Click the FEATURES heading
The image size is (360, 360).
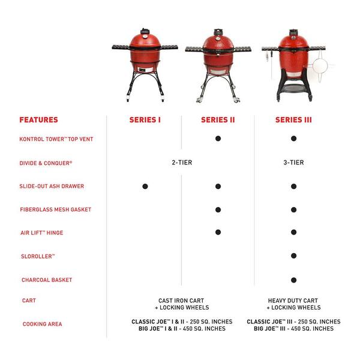pyautogui.click(x=38, y=119)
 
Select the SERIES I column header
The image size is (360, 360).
pyautogui.click(x=145, y=119)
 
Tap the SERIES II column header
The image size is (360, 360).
pyautogui.click(x=218, y=119)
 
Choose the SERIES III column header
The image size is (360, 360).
pyautogui.click(x=293, y=119)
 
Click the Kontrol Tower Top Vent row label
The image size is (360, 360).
pyautogui.click(x=56, y=139)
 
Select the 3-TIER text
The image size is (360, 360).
pyautogui.click(x=293, y=163)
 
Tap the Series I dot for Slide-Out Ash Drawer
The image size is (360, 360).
pyautogui.click(x=145, y=186)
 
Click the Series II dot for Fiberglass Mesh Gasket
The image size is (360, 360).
pyautogui.click(x=218, y=209)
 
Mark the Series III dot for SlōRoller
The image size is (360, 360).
pyautogui.click(x=293, y=256)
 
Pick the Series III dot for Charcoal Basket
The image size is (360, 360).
pyautogui.click(x=293, y=280)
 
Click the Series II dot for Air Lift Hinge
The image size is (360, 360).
pyautogui.click(x=218, y=232)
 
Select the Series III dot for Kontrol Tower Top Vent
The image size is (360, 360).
pyautogui.click(x=293, y=139)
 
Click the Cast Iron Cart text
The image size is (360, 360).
pyautogui.click(x=181, y=301)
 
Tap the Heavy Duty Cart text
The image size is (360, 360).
pyautogui.click(x=293, y=301)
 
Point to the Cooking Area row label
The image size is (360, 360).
pyautogui.click(x=42, y=324)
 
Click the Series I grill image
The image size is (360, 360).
pyautogui.click(x=145, y=66)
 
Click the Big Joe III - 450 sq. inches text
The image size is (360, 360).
pyautogui.click(x=293, y=329)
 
